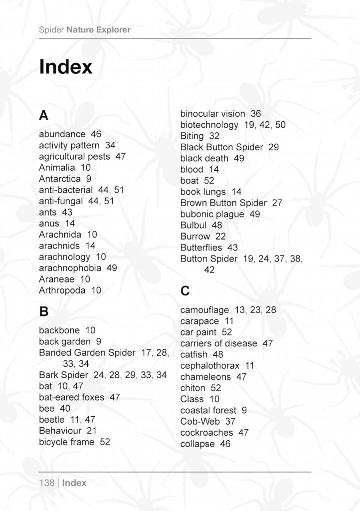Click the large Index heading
[x=66, y=67]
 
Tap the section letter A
[x=44, y=116]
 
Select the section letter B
[x=44, y=312]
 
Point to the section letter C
[x=185, y=290]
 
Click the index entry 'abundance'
[x=62, y=134]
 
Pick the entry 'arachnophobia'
[x=70, y=268]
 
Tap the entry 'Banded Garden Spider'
[x=87, y=353]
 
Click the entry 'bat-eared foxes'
[x=72, y=397]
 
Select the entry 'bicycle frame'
[x=66, y=442]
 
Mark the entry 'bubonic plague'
[x=212, y=214]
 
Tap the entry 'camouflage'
[x=205, y=310]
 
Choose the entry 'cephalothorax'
[x=210, y=366]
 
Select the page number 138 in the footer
[x=46, y=483]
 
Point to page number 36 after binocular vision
[x=256, y=114]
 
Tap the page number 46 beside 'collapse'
[x=225, y=444]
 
